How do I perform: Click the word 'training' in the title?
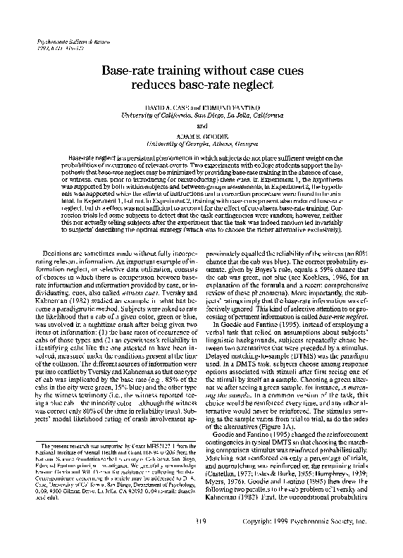pos(170,71)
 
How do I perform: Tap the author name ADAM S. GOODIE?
pos(201,134)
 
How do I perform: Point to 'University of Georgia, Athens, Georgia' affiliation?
pos(201,142)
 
